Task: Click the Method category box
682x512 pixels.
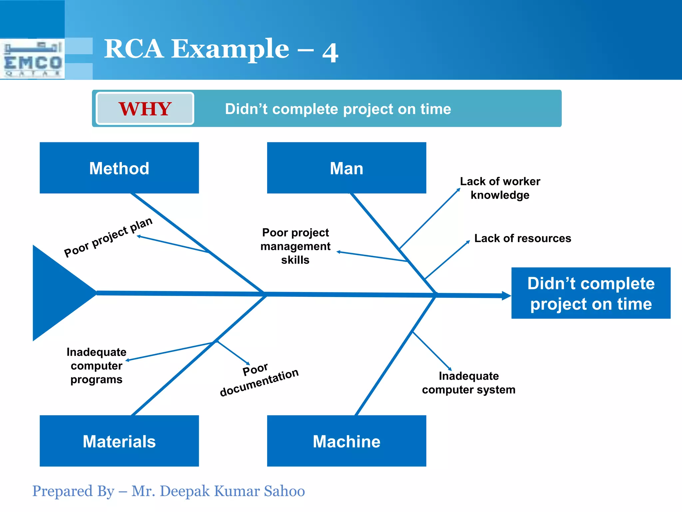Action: click(x=119, y=168)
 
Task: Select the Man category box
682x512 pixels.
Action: click(x=346, y=168)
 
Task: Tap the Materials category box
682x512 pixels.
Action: click(x=119, y=441)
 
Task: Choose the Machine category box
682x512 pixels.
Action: click(x=346, y=441)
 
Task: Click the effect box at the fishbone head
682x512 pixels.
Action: click(x=591, y=293)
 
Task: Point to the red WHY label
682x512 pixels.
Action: click(x=145, y=109)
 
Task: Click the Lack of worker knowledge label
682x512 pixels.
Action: click(x=500, y=188)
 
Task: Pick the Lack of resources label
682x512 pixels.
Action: click(x=522, y=238)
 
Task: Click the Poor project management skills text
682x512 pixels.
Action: click(x=295, y=246)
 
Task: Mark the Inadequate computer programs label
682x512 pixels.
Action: click(x=96, y=366)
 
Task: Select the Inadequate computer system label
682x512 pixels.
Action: click(x=469, y=383)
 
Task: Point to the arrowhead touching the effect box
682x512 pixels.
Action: click(x=506, y=296)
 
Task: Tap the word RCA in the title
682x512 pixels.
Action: click(x=134, y=49)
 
